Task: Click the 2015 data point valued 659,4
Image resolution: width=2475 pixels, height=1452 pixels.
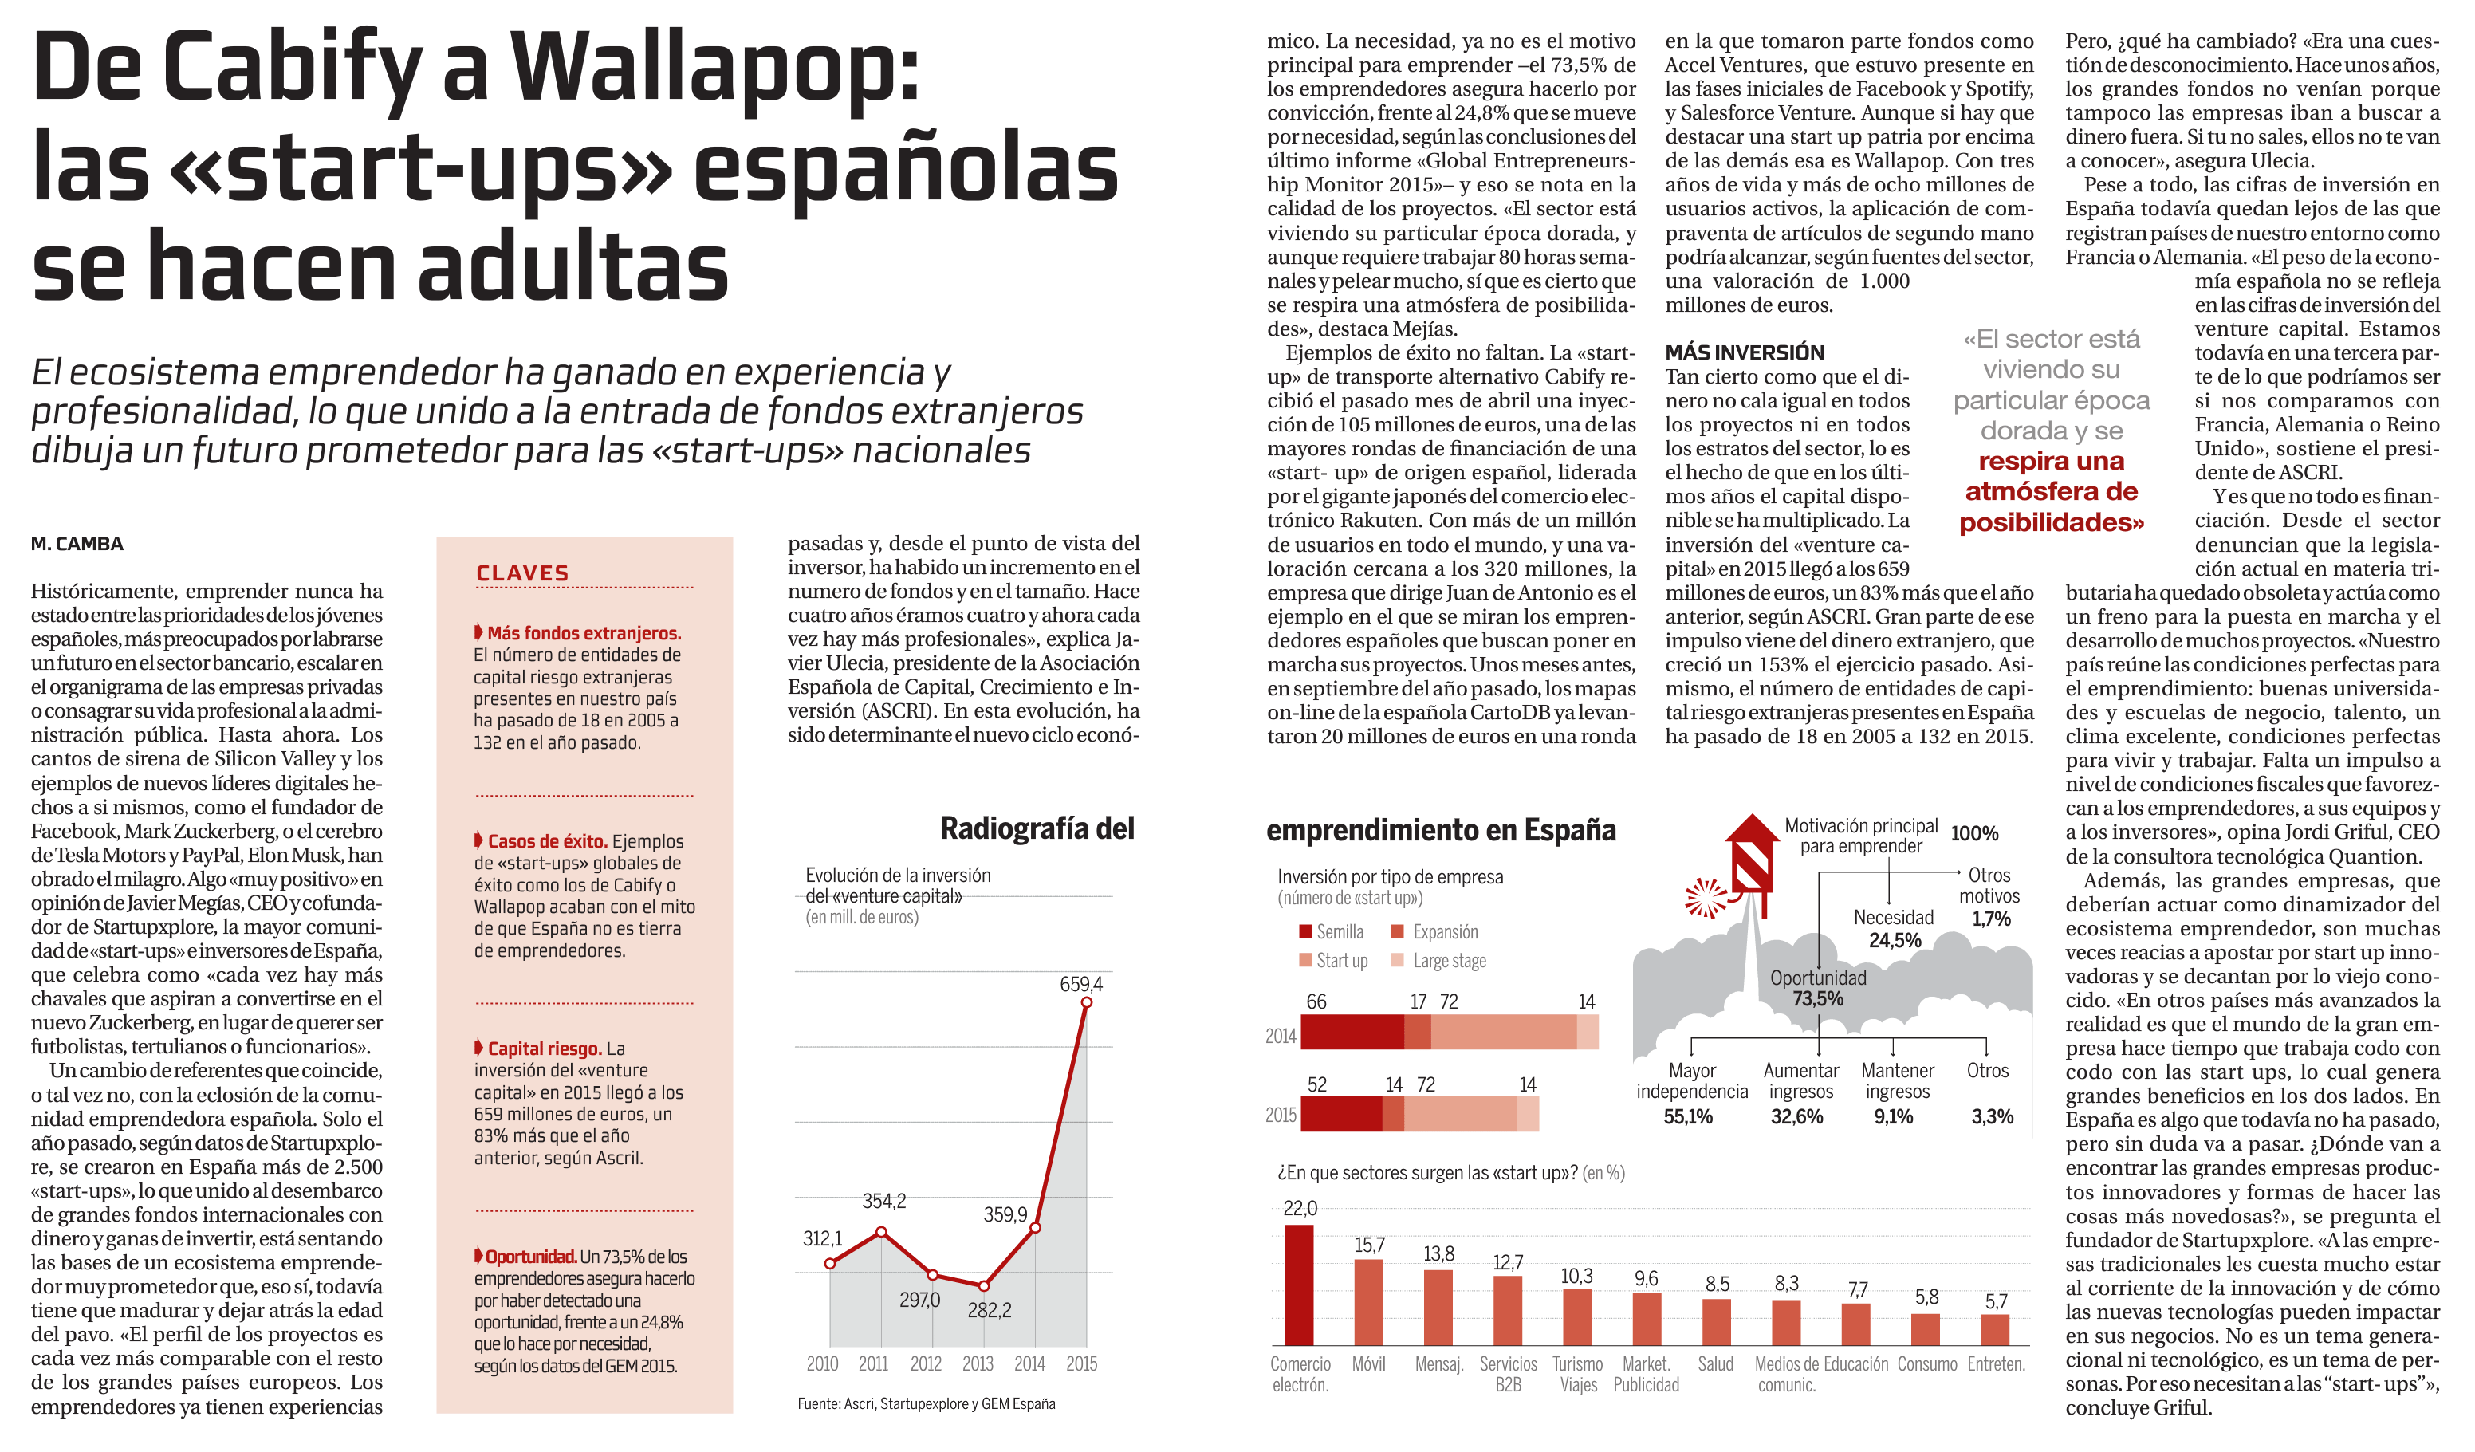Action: (1086, 1002)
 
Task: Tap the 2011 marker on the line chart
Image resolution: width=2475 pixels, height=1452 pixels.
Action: (881, 1231)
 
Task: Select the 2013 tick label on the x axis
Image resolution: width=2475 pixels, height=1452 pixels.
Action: (978, 1363)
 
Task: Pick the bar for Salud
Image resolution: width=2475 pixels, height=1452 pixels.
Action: (1716, 1321)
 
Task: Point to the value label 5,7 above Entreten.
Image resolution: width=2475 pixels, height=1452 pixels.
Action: (1996, 1301)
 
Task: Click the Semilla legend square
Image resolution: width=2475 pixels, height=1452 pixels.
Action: (1305, 931)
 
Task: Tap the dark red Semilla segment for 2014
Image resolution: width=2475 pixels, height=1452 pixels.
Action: (1352, 1032)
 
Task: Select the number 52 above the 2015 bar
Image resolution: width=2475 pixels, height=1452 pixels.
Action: (1317, 1084)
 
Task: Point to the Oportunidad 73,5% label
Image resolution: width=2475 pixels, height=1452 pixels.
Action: (1818, 987)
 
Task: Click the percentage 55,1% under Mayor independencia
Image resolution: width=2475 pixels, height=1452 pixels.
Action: (1687, 1116)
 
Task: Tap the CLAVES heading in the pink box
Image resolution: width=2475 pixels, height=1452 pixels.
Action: (522, 573)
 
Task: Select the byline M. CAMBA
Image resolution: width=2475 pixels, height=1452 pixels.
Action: (77, 543)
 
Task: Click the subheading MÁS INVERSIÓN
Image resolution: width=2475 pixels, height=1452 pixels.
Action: (1745, 352)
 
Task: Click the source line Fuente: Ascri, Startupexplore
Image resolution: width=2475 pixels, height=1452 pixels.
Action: (927, 1404)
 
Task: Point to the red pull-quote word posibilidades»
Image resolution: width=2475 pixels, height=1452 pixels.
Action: (2051, 522)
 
